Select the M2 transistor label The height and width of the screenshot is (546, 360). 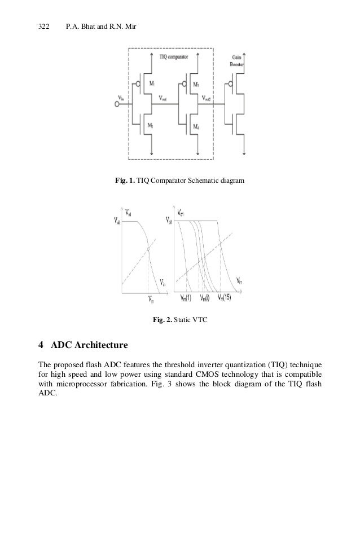(x=152, y=125)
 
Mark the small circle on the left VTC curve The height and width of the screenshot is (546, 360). (x=148, y=249)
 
